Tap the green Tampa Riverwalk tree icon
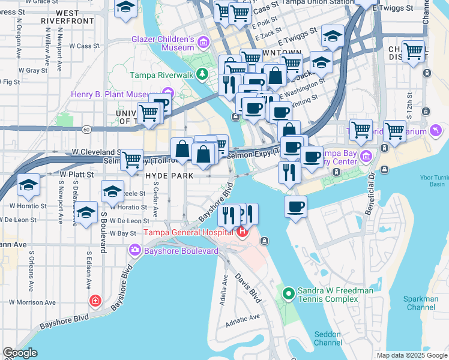point(203,74)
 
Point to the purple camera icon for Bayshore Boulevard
point(136,250)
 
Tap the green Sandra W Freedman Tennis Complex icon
point(288,293)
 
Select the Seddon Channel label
point(328,338)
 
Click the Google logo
point(20,353)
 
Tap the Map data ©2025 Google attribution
point(412,355)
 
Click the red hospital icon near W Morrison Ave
point(95,300)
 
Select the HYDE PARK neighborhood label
point(169,176)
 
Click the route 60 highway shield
point(87,128)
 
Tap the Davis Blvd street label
point(249,288)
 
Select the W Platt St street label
point(77,174)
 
